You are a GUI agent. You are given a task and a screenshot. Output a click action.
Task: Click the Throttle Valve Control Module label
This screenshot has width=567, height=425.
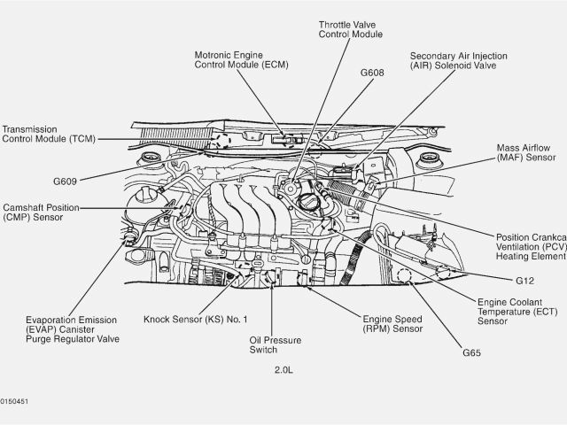point(351,27)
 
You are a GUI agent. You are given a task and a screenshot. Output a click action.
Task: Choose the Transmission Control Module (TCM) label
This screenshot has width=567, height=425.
point(49,133)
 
